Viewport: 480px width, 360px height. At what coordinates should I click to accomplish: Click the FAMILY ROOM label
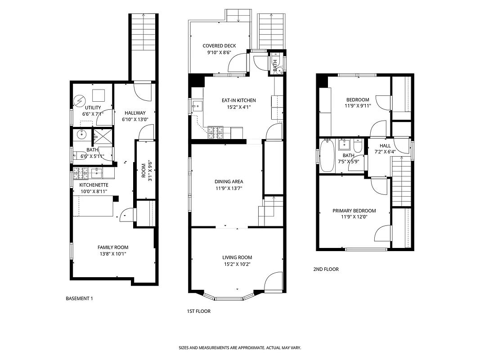pyautogui.click(x=113, y=247)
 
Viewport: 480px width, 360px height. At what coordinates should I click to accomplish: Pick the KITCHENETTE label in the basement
pyautogui.click(x=94, y=185)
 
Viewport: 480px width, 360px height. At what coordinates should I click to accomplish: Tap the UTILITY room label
pyautogui.click(x=93, y=108)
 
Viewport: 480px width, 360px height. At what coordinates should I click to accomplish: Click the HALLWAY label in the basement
pyautogui.click(x=135, y=113)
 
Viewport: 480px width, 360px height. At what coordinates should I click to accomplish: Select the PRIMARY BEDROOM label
pyautogui.click(x=354, y=211)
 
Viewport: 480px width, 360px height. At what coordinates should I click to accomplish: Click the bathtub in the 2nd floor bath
pyautogui.click(x=327, y=155)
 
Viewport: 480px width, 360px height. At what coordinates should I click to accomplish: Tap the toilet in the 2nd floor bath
pyautogui.click(x=358, y=146)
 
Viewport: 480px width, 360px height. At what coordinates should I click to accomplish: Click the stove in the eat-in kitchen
pyautogui.click(x=216, y=132)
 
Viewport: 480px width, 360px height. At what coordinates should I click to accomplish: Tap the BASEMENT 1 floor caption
pyautogui.click(x=79, y=298)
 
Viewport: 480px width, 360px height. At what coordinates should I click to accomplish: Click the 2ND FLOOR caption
pyautogui.click(x=326, y=269)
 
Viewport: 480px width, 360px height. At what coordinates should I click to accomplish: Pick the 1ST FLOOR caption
pyautogui.click(x=198, y=311)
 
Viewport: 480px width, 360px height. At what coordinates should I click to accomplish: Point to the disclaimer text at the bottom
pyautogui.click(x=240, y=348)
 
